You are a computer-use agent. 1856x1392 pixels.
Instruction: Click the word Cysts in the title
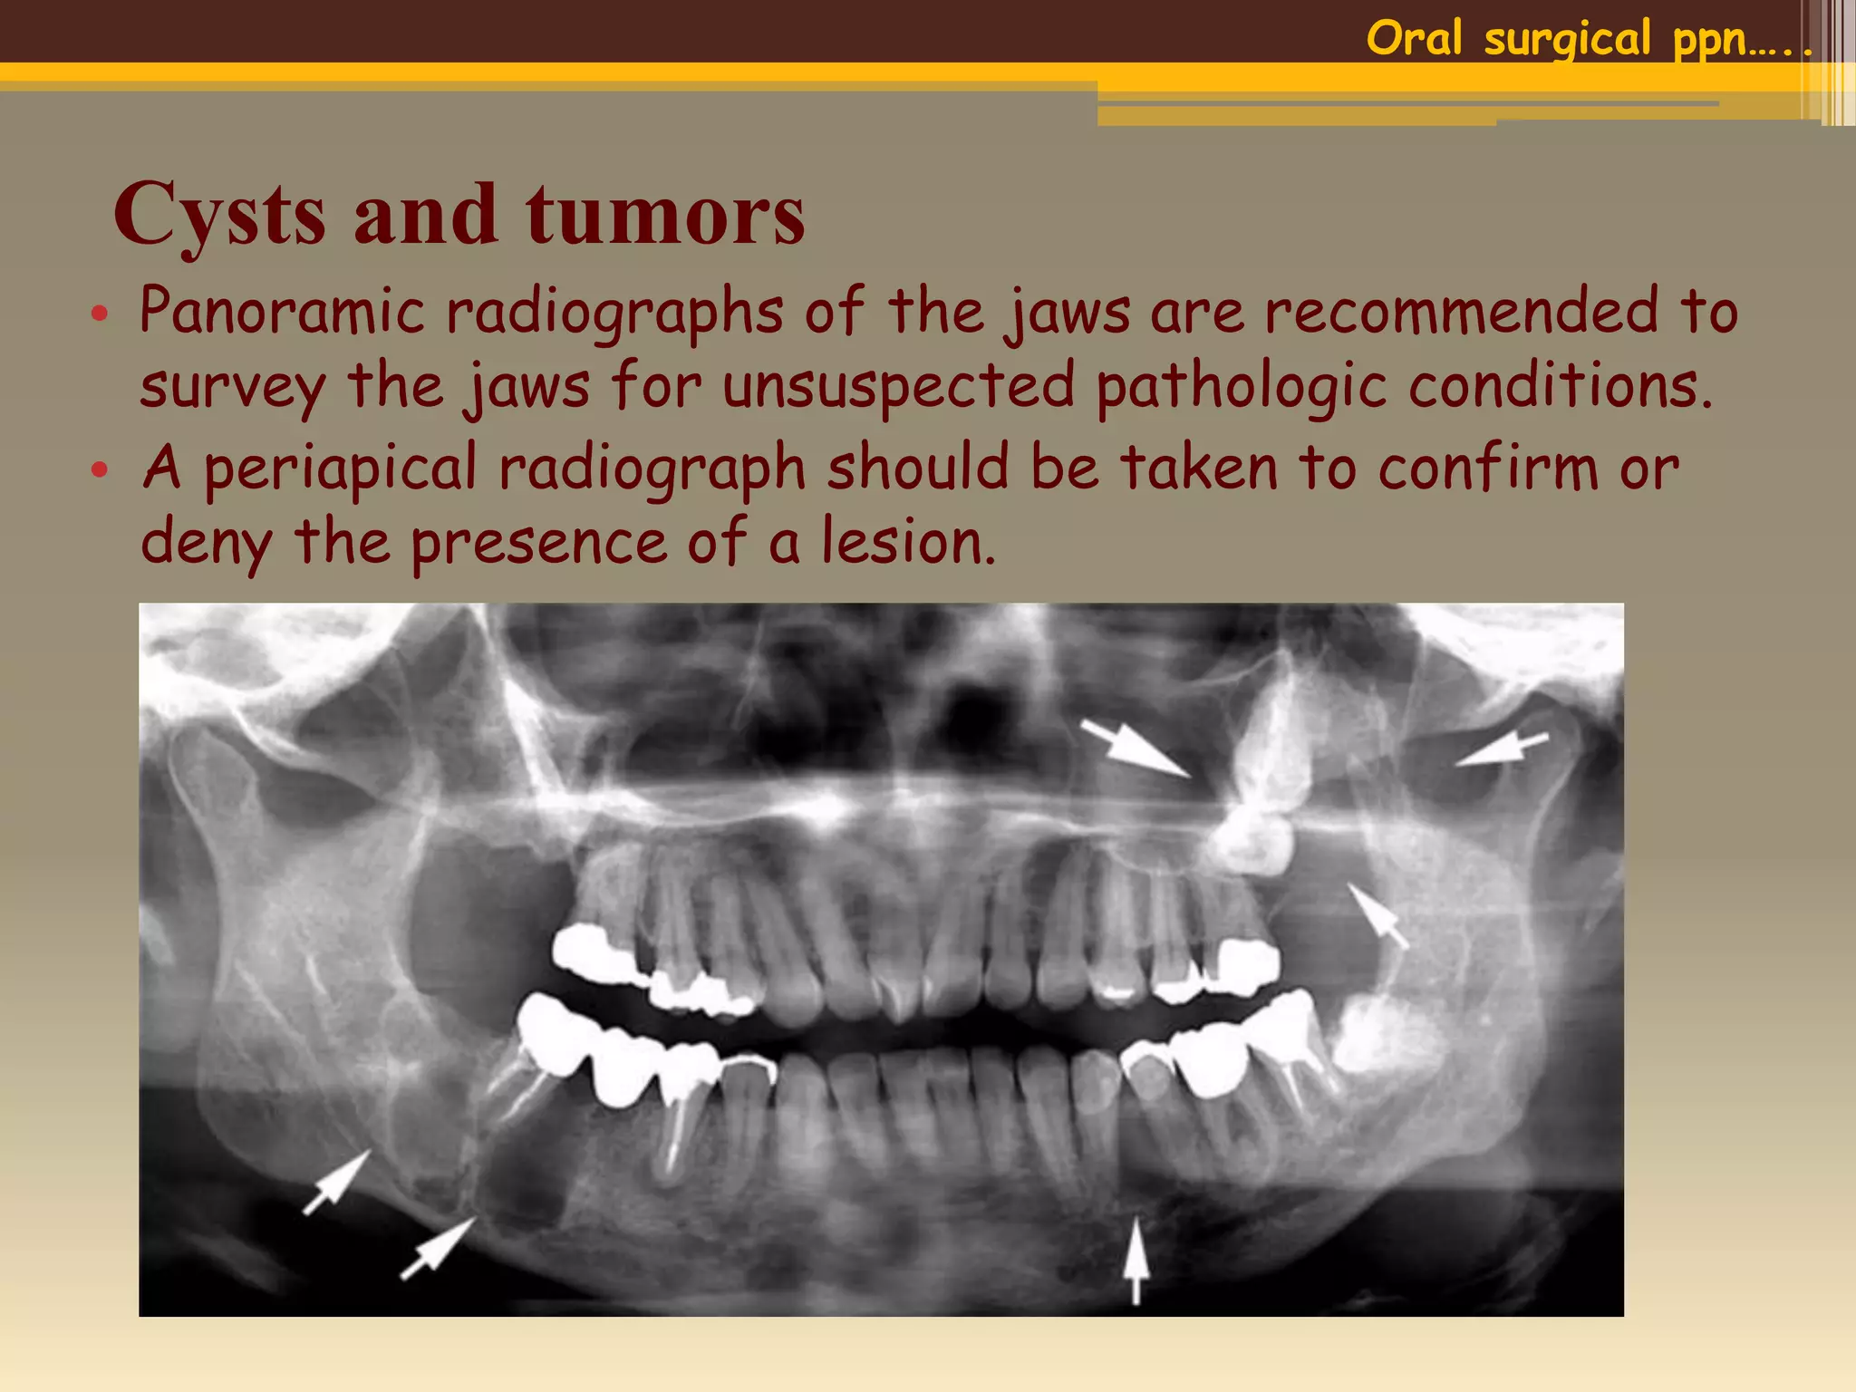[219, 215]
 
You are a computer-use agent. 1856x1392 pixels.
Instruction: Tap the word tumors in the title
[665, 215]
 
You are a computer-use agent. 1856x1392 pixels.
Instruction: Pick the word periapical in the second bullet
[340, 469]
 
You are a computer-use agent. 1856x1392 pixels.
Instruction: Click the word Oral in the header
[1414, 38]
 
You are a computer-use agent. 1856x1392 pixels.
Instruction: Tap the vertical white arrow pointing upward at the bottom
[1136, 1260]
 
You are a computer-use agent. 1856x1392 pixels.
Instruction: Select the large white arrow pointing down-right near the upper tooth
[1135, 749]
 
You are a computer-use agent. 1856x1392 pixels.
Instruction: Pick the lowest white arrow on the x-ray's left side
[438, 1249]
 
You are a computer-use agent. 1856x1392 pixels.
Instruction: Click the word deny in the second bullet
[206, 544]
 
